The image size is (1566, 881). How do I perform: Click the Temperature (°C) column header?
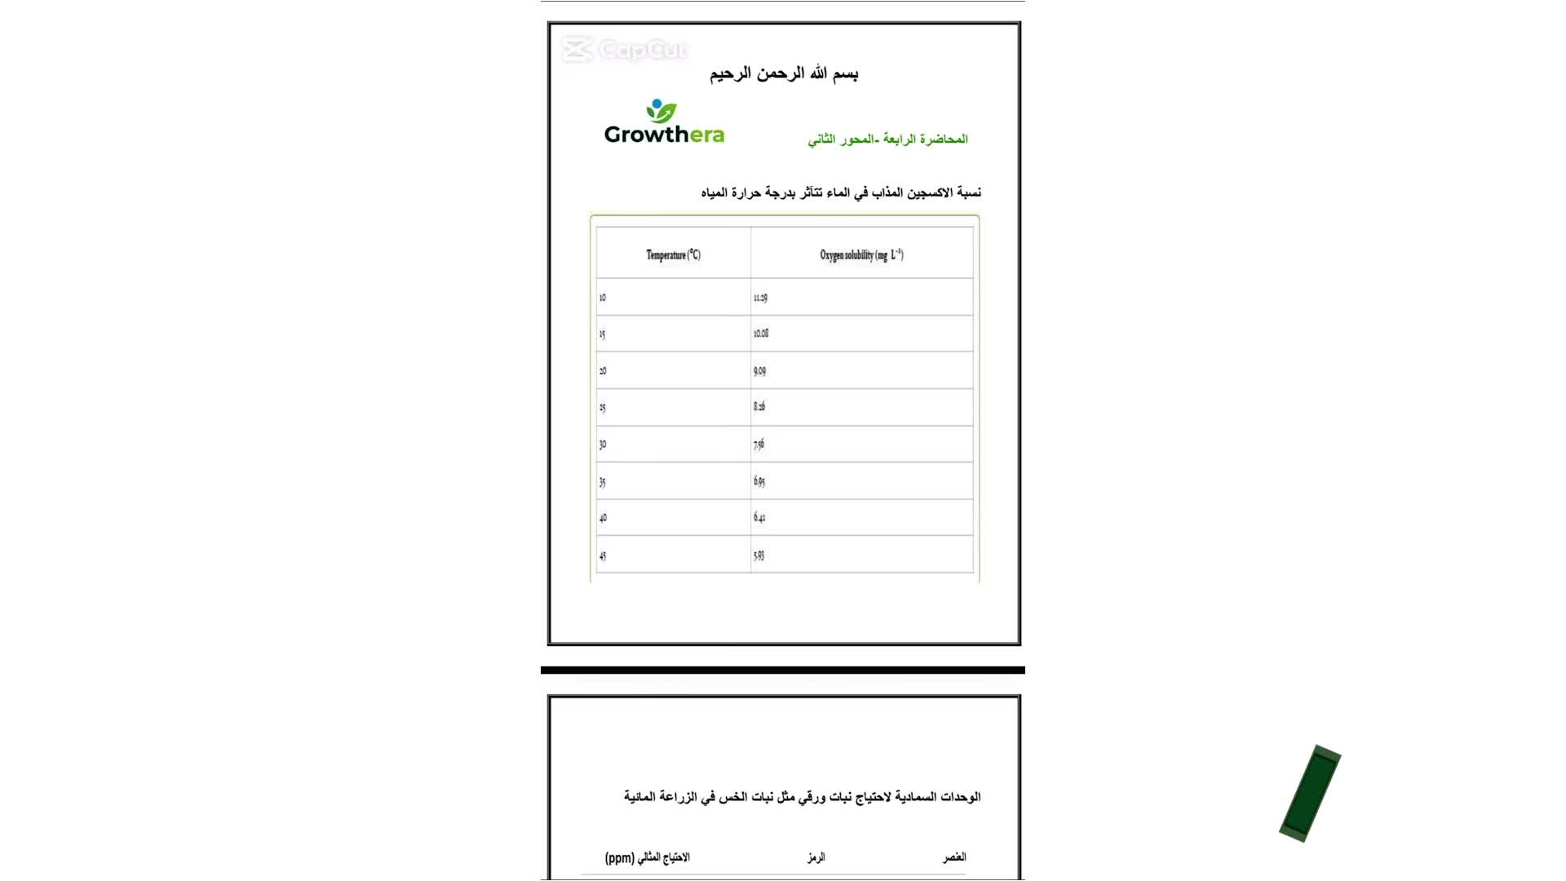point(673,255)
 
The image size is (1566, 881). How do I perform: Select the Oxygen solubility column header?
point(861,255)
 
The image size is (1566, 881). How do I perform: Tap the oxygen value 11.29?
point(760,298)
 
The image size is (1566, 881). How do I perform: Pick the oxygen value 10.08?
point(760,334)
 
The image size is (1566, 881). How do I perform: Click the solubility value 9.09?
point(759,371)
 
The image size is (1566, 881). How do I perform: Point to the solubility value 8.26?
point(759,406)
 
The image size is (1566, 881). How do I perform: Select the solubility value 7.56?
point(759,445)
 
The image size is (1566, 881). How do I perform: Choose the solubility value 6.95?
point(759,481)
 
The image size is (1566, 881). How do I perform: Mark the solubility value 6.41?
point(759,517)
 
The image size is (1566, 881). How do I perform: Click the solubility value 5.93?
point(759,556)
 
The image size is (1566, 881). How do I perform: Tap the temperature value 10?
point(603,298)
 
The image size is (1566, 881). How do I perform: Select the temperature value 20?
point(603,371)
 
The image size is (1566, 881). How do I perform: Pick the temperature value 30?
point(603,445)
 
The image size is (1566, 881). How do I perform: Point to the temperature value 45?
point(603,556)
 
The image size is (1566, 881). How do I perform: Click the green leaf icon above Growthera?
point(661,111)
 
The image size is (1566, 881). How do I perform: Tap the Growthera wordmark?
point(664,135)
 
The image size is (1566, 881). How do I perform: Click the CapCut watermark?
point(625,50)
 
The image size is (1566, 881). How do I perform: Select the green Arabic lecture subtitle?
point(887,139)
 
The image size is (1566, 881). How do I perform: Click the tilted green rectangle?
point(1310,793)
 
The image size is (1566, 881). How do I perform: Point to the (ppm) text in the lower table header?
point(619,857)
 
